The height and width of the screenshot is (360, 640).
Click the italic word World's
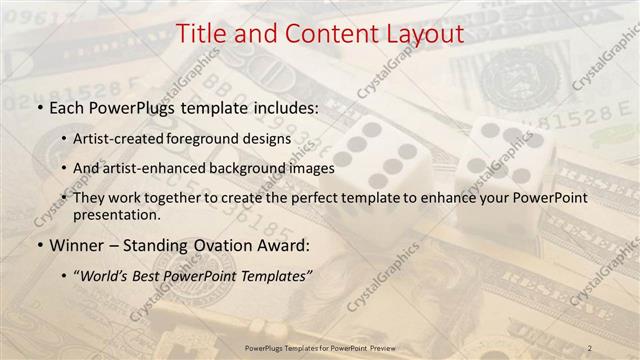click(x=107, y=275)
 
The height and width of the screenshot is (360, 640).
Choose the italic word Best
click(x=154, y=275)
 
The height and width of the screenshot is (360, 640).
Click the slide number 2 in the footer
click(x=591, y=347)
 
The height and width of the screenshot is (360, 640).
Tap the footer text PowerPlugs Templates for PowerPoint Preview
click(x=319, y=347)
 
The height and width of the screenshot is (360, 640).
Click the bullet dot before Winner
click(x=39, y=245)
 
